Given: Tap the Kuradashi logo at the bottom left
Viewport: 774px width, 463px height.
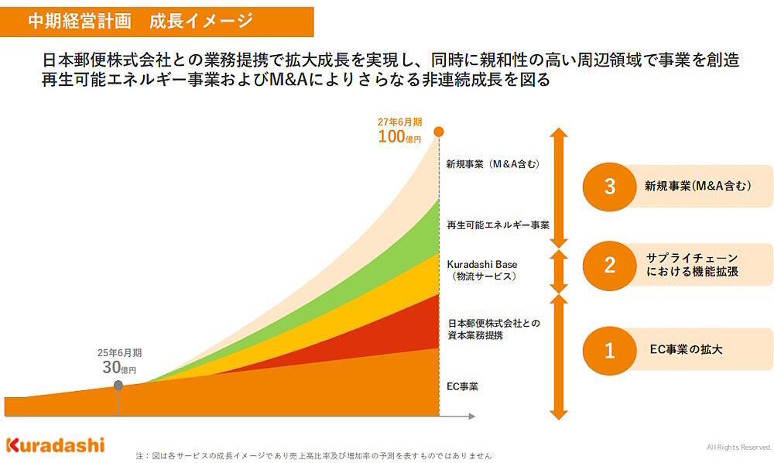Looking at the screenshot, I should coord(55,445).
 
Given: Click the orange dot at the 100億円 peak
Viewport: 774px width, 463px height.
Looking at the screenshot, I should coord(439,132).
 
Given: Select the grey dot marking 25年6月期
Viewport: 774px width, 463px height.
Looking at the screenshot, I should coord(118,385).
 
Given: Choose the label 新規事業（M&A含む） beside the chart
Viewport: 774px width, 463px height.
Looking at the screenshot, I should coord(492,164).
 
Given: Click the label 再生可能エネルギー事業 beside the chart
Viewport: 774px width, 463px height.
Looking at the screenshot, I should coord(498,225).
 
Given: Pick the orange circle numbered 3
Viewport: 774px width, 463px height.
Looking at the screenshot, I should coord(609,187).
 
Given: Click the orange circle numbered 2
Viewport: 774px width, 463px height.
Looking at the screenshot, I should coord(609,265).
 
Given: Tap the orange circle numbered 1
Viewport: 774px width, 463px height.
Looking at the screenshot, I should coord(609,350).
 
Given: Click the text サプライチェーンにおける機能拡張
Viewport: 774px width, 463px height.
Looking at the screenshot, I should coord(692,265).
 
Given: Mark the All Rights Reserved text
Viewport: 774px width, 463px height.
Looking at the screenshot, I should coord(738,448).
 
